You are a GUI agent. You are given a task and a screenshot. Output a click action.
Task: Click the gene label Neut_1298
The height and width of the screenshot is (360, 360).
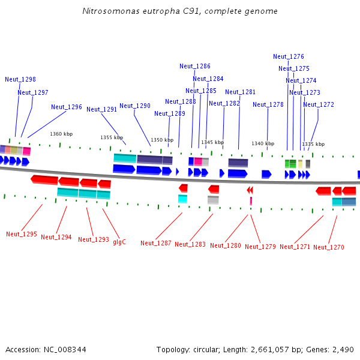pos(20,79)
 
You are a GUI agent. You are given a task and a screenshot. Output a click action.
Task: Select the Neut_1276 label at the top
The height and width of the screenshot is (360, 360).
pos(289,56)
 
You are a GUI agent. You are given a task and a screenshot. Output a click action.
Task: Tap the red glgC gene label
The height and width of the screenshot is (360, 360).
pos(119,242)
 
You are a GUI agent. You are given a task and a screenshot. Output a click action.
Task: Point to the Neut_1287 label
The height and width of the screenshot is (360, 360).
pos(156,243)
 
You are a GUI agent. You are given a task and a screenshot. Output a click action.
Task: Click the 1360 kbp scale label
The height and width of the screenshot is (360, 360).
pos(61,134)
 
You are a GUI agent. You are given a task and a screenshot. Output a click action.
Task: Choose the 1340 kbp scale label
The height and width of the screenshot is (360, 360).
pos(263,143)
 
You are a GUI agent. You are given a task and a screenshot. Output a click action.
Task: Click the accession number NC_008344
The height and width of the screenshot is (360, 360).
pos(65,349)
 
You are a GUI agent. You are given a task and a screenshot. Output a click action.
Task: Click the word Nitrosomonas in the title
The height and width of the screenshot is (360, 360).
pos(111,11)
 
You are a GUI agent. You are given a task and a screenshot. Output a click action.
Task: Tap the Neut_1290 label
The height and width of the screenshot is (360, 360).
pos(135,106)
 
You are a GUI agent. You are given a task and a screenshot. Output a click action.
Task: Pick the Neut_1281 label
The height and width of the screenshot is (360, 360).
pos(241,92)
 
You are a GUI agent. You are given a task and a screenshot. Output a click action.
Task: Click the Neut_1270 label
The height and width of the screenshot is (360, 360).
pos(329,247)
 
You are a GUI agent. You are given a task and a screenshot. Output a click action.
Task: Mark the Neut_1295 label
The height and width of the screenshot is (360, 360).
pos(22,234)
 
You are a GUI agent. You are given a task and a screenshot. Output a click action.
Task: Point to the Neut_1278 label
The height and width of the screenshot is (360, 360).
pos(268,104)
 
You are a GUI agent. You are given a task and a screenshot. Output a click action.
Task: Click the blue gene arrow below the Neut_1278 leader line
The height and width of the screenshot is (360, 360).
pos(266,174)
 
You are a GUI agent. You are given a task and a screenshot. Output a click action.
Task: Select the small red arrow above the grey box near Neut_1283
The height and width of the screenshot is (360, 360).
pos(214,190)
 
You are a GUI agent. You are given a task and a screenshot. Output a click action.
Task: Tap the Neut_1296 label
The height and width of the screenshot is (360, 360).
pos(67,107)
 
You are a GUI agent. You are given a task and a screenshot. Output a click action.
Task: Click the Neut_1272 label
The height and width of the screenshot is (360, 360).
pos(319,104)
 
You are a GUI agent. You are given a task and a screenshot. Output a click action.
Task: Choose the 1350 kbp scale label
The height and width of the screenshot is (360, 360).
pos(162,140)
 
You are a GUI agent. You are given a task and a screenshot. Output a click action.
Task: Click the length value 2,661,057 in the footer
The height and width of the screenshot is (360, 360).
pos(269,349)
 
